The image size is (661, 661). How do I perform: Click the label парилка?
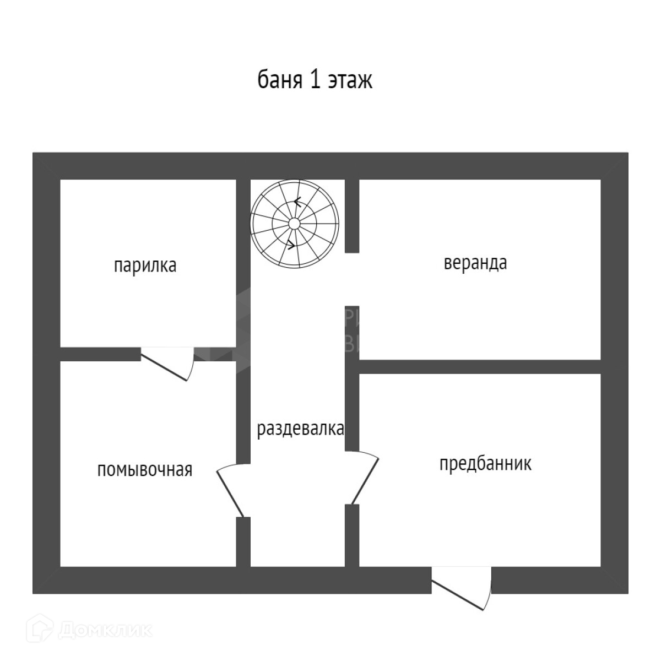pyautogui.click(x=145, y=266)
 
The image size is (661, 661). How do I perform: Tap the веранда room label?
pyautogui.click(x=475, y=263)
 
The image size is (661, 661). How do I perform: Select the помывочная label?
pyautogui.click(x=145, y=470)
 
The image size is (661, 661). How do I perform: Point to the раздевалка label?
pyautogui.click(x=300, y=429)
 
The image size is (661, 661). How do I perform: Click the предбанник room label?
pyautogui.click(x=485, y=463)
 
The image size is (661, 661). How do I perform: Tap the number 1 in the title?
pyautogui.click(x=315, y=80)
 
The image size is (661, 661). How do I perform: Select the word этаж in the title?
pyautogui.click(x=350, y=80)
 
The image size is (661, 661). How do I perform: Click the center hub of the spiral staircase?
pyautogui.click(x=294, y=223)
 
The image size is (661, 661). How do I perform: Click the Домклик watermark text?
pyautogui.click(x=105, y=630)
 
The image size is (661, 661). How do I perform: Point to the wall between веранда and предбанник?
pyautogui.click(x=479, y=367)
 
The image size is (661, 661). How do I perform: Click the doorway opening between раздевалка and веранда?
pyautogui.click(x=352, y=279)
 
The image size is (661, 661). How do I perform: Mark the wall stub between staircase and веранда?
pyautogui.click(x=352, y=216)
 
